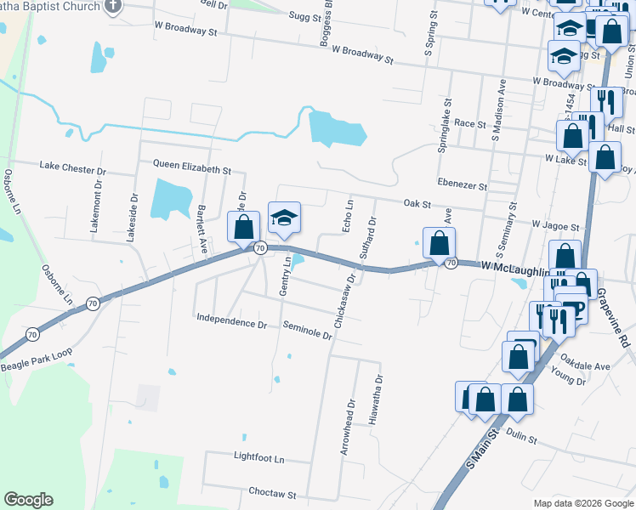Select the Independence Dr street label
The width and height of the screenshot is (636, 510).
[231, 323]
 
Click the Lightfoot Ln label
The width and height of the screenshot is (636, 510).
[258, 457]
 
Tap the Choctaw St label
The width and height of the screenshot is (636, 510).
[271, 494]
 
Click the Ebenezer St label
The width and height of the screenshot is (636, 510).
[463, 185]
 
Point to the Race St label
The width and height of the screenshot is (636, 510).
[469, 123]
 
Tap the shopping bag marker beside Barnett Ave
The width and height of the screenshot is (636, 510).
[244, 227]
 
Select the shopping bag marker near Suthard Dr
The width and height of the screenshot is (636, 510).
[439, 242]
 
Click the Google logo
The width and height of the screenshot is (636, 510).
[28, 500]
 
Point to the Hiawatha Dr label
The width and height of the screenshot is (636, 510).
[372, 399]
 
